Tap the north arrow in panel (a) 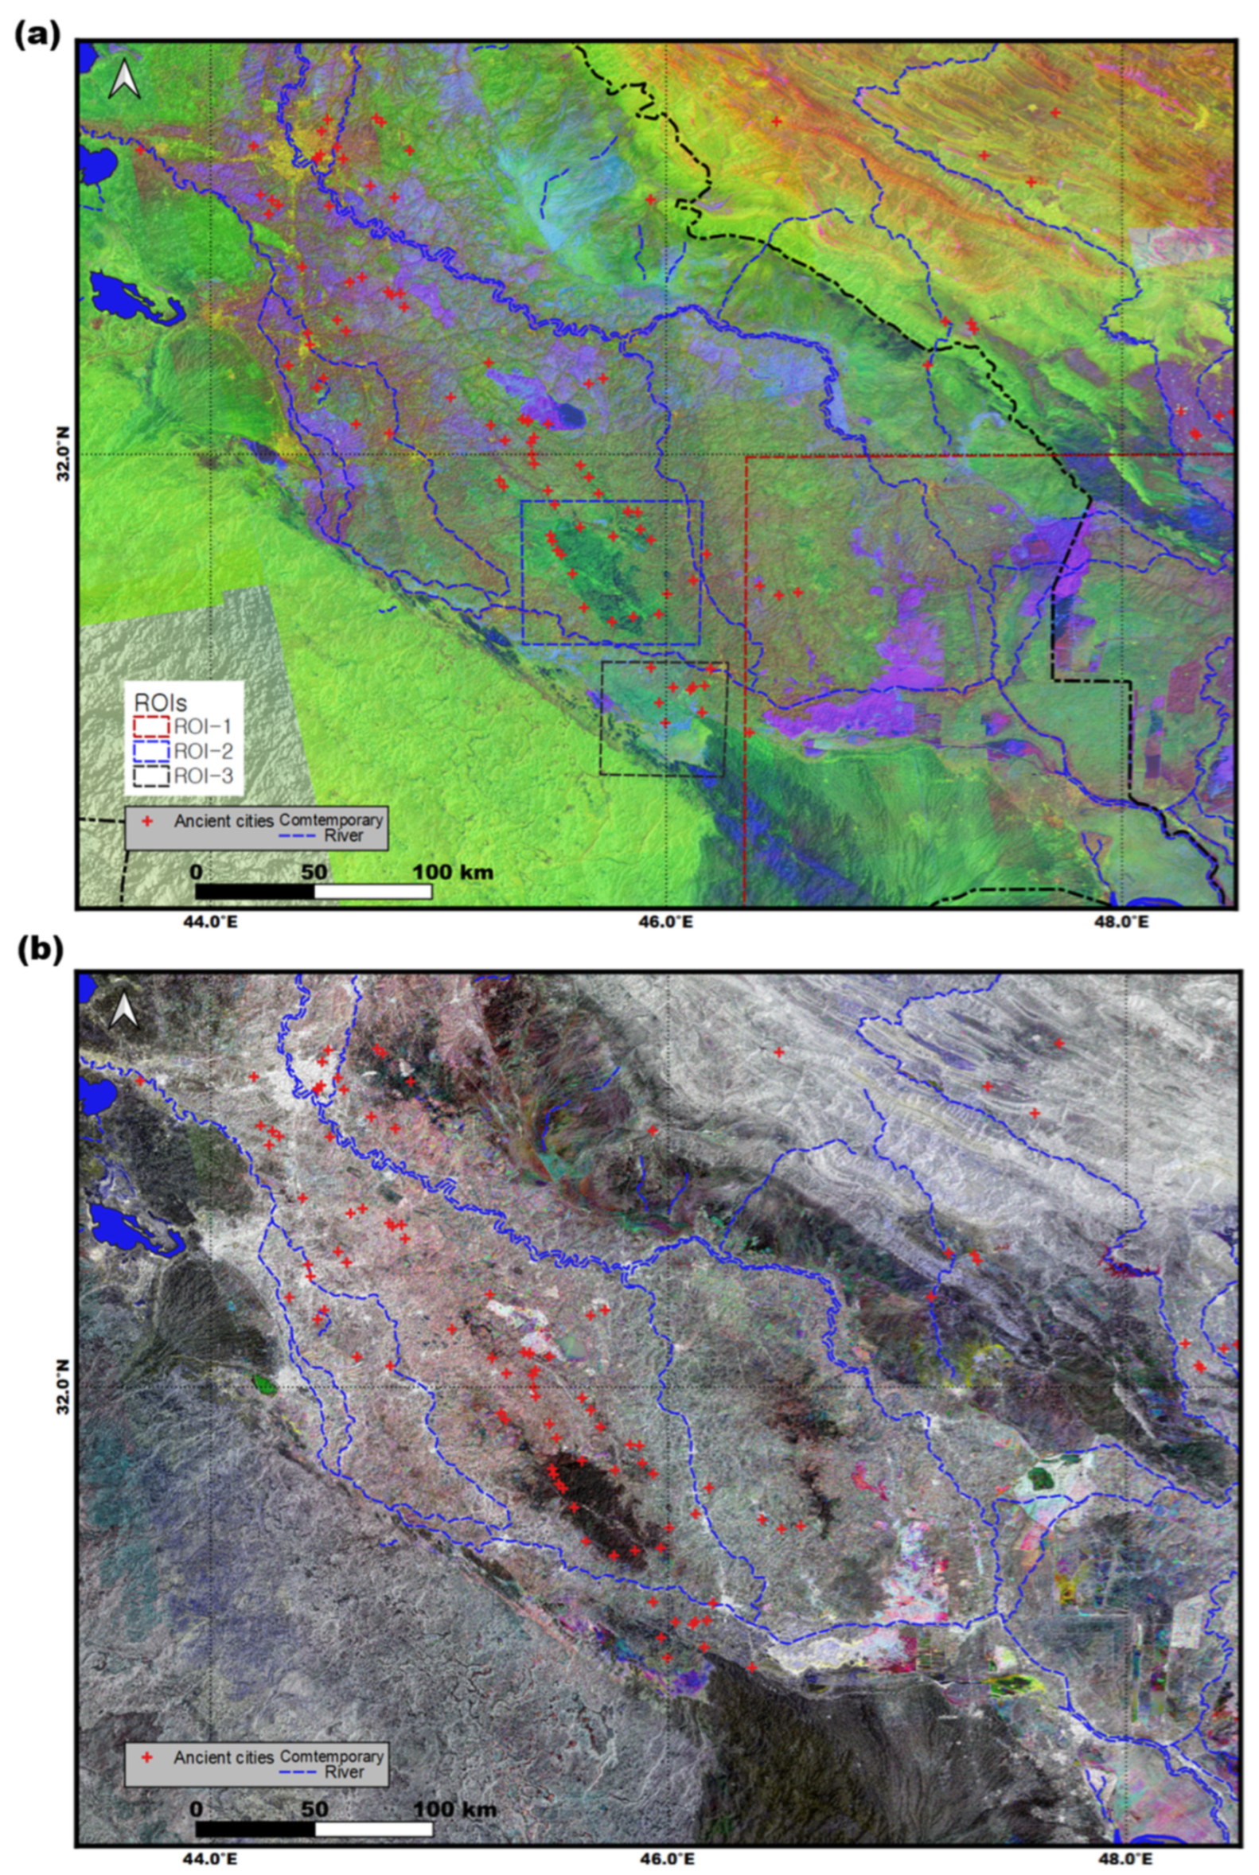pyautogui.click(x=124, y=80)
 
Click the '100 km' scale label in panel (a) pyautogui.click(x=453, y=871)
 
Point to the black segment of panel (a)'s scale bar pyautogui.click(x=255, y=891)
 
